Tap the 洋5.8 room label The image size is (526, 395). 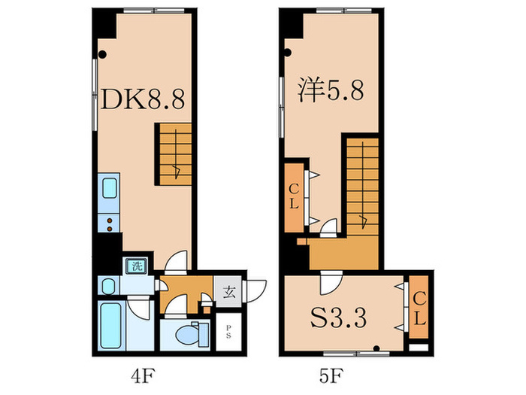(x=331, y=93)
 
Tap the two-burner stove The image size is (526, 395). (x=108, y=223)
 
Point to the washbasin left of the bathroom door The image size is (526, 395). (x=108, y=287)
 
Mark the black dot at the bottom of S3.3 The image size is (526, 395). (x=376, y=348)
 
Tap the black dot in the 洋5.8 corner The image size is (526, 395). (x=288, y=52)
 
